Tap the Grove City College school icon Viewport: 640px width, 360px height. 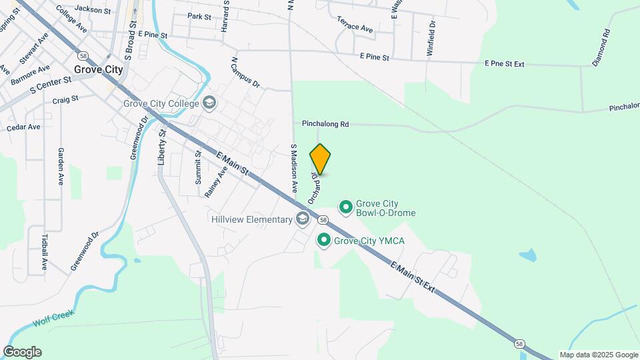(210, 103)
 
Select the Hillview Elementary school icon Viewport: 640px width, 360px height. (303, 219)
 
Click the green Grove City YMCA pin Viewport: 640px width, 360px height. (324, 240)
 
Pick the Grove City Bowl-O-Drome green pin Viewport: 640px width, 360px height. (346, 207)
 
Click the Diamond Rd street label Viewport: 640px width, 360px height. (601, 47)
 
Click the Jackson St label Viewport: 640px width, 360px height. (92, 9)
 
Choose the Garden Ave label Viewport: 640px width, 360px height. (61, 166)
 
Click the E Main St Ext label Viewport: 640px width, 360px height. (413, 278)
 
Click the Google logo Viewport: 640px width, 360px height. (22, 352)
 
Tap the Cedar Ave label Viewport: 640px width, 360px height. (23, 127)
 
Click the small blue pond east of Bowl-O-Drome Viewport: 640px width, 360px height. (527, 255)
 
